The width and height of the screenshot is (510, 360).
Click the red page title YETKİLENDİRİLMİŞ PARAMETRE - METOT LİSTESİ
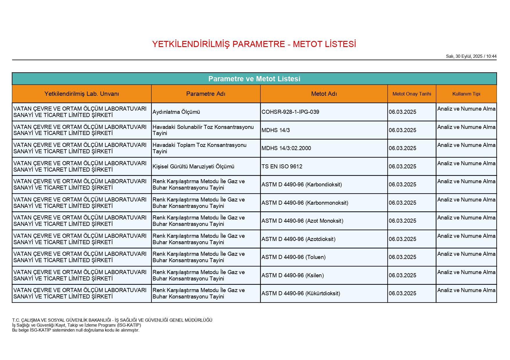tap(254, 44)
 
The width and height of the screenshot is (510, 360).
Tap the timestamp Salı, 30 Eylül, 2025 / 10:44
tap(471, 56)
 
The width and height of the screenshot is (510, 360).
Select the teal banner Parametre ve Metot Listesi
tap(254, 79)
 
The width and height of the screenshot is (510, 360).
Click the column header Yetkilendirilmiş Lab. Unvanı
tap(82, 94)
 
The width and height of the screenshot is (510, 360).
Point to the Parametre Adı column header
tap(206, 94)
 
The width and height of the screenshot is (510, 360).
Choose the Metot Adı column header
tap(324, 94)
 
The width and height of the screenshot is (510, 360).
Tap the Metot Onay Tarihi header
tap(411, 94)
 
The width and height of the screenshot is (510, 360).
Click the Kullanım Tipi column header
tap(466, 94)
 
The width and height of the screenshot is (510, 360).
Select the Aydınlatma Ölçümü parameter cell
tap(176, 112)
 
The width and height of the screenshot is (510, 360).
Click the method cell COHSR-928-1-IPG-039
tap(290, 112)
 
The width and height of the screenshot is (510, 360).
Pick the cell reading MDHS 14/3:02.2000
tap(286, 148)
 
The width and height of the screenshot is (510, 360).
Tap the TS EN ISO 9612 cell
tap(282, 167)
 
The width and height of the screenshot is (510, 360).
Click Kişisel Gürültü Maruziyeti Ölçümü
tap(193, 167)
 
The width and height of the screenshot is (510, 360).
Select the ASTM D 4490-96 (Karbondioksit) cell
tap(302, 185)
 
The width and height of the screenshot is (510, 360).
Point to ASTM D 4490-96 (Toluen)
tap(294, 257)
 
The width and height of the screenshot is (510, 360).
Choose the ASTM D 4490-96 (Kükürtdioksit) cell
tap(301, 294)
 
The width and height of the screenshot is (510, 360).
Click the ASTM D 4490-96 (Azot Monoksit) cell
tap(302, 221)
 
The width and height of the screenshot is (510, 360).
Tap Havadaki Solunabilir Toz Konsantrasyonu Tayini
tap(203, 130)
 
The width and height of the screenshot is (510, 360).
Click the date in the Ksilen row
tap(402, 276)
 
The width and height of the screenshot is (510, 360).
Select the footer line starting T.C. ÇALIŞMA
tap(112, 320)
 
